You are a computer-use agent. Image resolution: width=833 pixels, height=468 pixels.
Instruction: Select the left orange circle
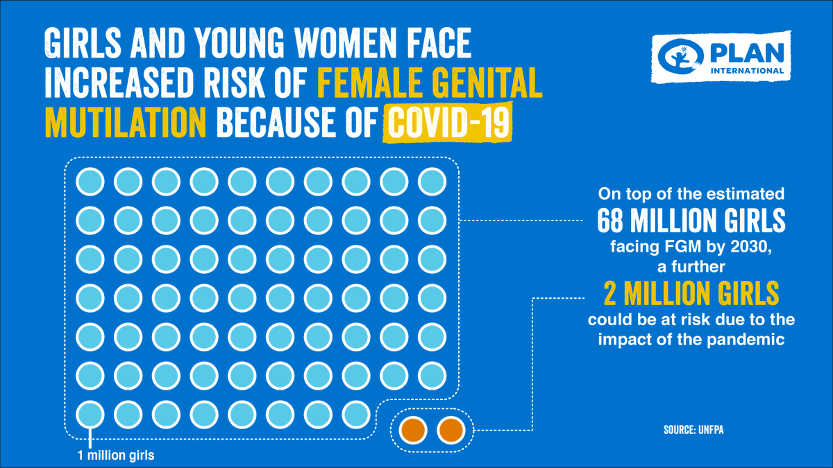[412, 431]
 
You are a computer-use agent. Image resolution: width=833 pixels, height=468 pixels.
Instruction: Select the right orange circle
[451, 431]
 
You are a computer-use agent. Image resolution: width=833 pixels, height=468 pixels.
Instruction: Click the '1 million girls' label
[115, 456]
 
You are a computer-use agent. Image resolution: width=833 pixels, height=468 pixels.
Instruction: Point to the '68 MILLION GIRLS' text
[691, 221]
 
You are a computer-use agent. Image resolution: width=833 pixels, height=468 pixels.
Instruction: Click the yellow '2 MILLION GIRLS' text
[691, 295]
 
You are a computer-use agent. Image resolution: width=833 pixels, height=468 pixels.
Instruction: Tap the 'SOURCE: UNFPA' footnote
[693, 431]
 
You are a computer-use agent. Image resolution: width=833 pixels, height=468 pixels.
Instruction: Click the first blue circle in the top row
[90, 182]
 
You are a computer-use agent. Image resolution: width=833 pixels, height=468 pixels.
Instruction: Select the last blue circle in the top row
[432, 182]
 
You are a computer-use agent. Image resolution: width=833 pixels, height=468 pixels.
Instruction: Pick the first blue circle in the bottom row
[90, 415]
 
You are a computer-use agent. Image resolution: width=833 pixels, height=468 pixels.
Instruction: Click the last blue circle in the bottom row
[356, 415]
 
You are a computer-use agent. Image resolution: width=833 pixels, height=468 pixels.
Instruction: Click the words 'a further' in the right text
[691, 266]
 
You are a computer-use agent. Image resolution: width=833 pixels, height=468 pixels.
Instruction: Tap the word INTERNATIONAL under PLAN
[748, 71]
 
